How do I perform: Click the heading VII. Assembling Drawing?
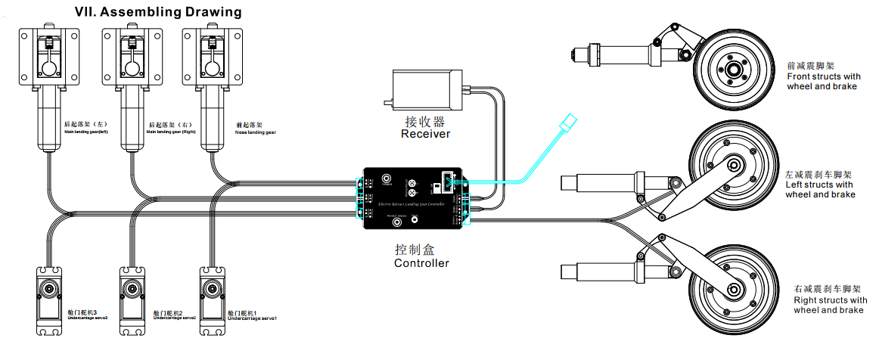pyautogui.click(x=158, y=12)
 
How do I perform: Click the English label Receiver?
pyautogui.click(x=425, y=134)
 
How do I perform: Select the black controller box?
pyautogui.click(x=412, y=197)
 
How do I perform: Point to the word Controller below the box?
pyautogui.click(x=421, y=263)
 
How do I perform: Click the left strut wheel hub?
pyautogui.click(x=732, y=166)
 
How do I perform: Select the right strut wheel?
pyautogui.click(x=732, y=289)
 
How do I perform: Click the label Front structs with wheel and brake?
pyautogui.click(x=823, y=82)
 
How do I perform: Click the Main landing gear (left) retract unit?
pyautogui.click(x=48, y=83)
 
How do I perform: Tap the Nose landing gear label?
pyautogui.click(x=256, y=132)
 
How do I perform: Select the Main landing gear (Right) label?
pyautogui.click(x=172, y=132)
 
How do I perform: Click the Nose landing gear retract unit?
pyautogui.click(x=213, y=83)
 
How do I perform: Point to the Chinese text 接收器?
pyautogui.click(x=424, y=121)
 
